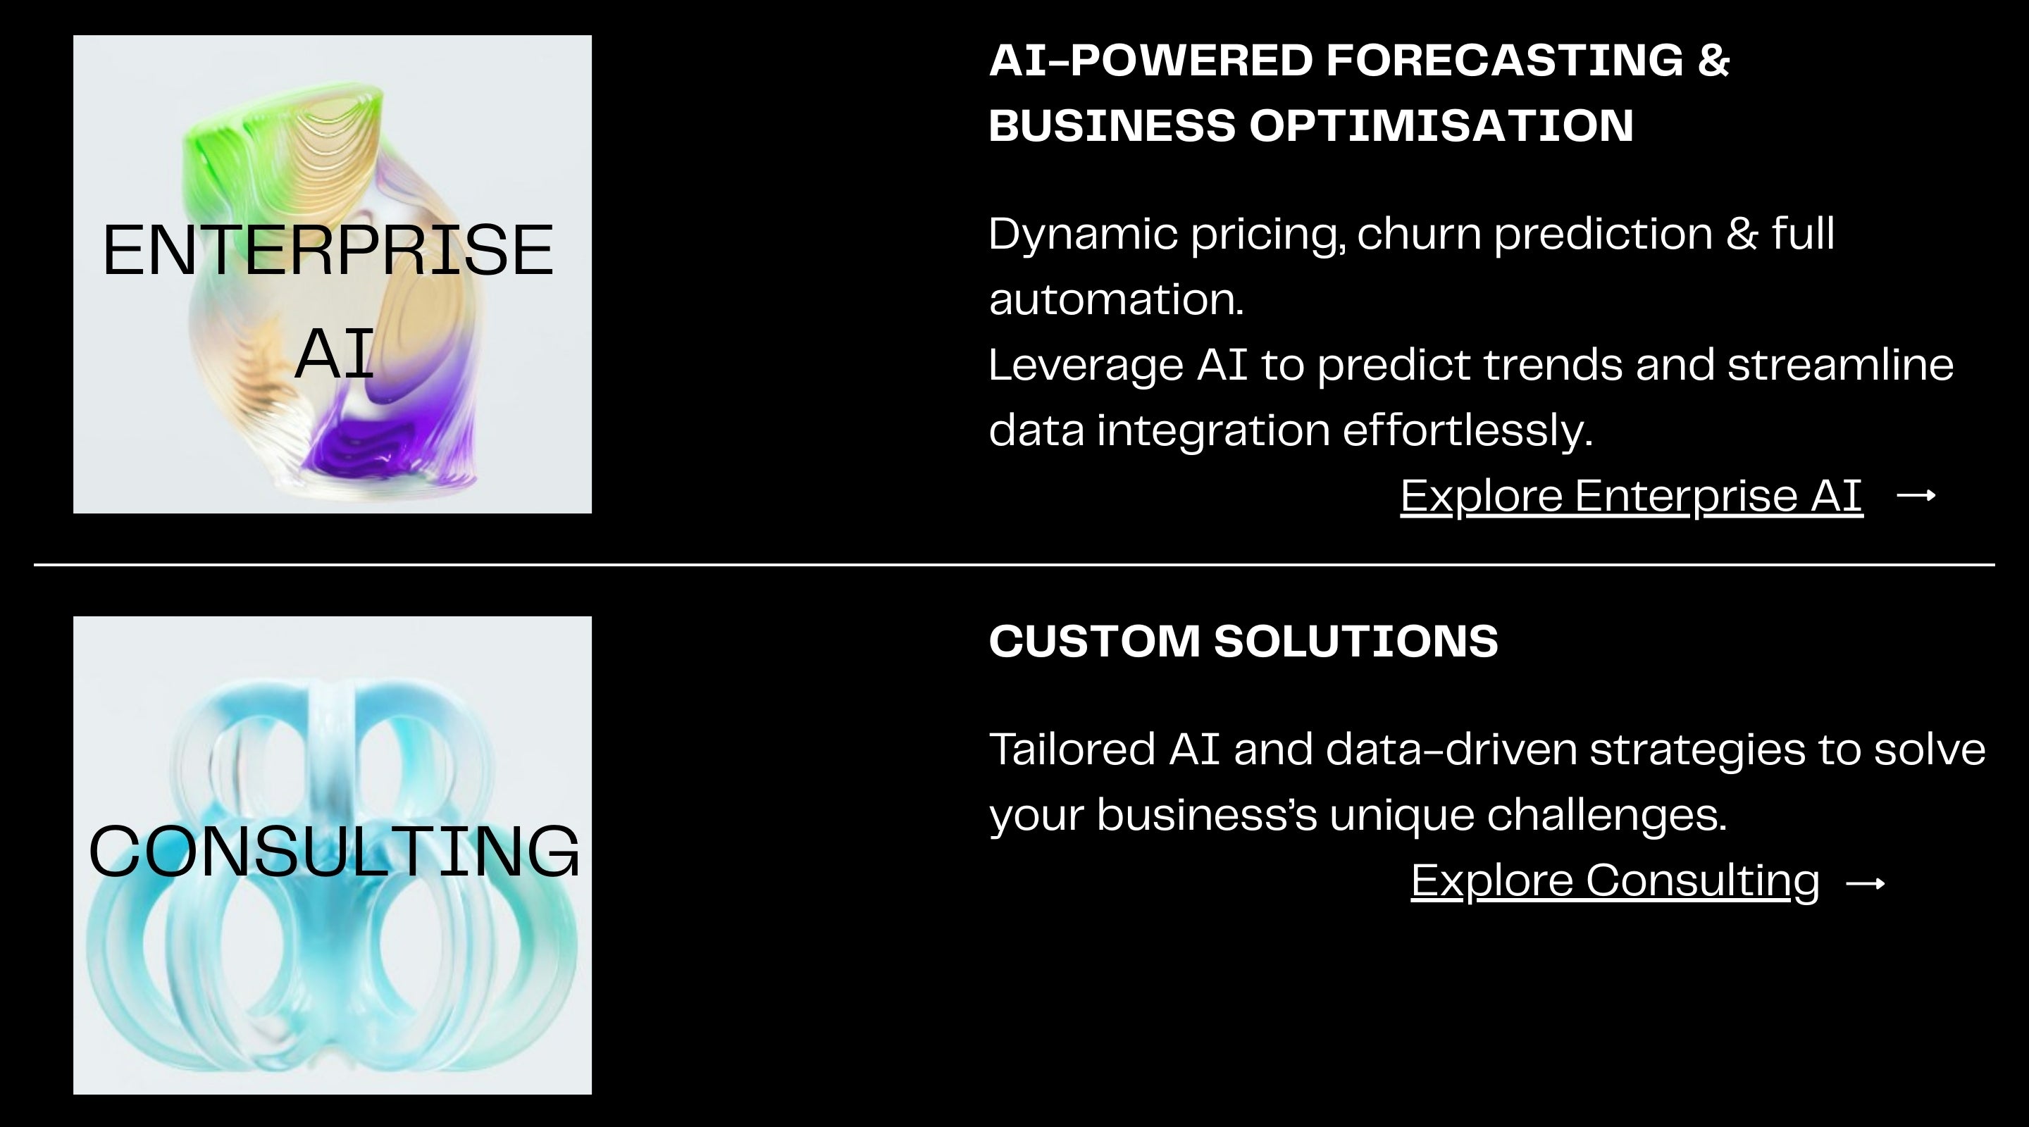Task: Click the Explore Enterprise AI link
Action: coord(1631,496)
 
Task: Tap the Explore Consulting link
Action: coord(1615,880)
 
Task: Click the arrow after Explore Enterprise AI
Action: coord(1916,494)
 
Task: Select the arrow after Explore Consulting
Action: coord(1866,883)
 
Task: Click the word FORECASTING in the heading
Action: coord(1504,61)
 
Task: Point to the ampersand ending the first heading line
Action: coord(1713,61)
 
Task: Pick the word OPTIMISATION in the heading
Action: coord(1441,126)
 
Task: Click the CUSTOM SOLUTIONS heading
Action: coord(1243,641)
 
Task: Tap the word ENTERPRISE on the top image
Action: coord(328,251)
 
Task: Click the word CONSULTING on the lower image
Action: coord(334,852)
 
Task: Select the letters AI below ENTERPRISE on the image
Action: coord(334,354)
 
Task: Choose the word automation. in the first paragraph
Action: coord(1116,300)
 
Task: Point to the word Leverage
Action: coord(1086,366)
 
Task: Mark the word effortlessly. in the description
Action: coord(1468,431)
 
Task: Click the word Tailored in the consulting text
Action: coord(1073,749)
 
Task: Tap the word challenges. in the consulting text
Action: coord(1607,815)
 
